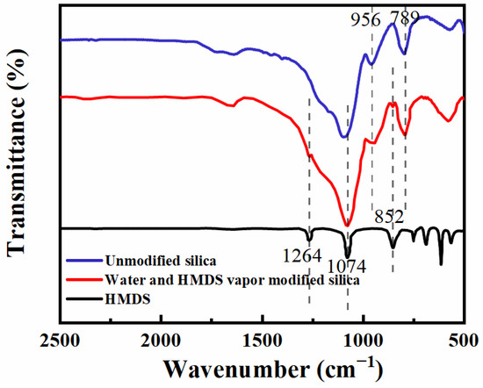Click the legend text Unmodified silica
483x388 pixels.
(158, 261)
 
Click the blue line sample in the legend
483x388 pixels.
(80, 261)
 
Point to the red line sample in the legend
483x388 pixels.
(80, 279)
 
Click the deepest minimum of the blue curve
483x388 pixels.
(345, 138)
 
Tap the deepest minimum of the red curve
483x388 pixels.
(348, 225)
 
